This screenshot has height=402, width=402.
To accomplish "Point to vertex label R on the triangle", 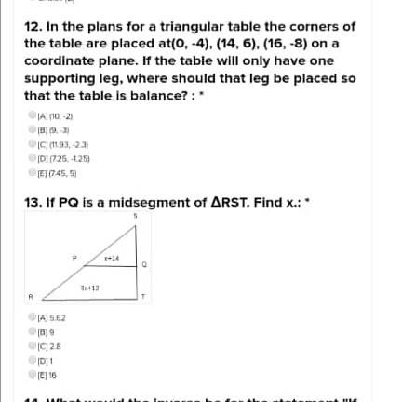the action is point(30,298).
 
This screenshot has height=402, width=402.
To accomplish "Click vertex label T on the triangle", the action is point(142,298).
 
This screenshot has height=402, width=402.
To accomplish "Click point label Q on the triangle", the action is point(143,264).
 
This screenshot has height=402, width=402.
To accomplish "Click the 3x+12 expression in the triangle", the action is point(89,288).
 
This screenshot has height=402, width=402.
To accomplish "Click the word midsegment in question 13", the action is point(137,202).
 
